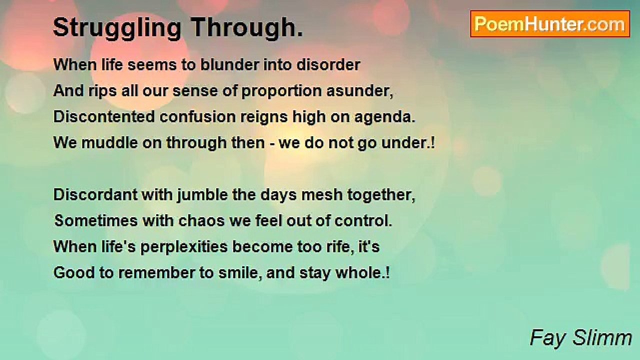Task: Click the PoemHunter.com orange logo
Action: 550,24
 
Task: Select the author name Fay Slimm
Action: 581,338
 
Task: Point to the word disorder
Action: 328,64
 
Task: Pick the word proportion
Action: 281,91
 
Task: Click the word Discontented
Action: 104,117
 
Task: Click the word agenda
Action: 384,117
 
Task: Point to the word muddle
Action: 109,142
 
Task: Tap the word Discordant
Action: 95,195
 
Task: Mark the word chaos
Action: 201,221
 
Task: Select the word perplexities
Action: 184,247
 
